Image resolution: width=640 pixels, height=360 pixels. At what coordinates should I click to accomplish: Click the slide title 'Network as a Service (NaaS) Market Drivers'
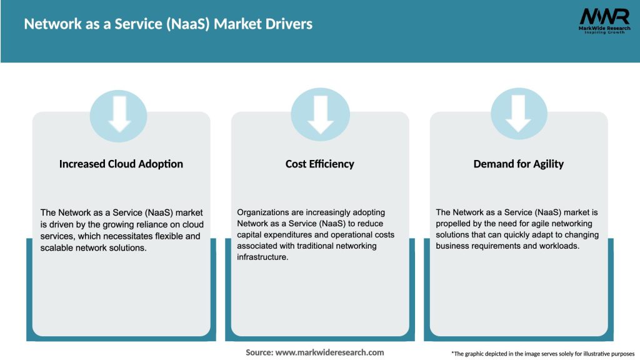click(x=168, y=24)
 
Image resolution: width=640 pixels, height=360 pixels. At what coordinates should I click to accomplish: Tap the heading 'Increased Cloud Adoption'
click(x=121, y=164)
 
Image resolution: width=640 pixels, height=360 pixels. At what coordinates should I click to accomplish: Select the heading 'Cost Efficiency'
click(x=319, y=164)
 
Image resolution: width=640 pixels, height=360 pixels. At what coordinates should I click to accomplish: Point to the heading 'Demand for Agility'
click(x=518, y=164)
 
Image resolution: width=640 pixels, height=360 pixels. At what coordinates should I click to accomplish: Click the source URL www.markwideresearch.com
click(x=330, y=352)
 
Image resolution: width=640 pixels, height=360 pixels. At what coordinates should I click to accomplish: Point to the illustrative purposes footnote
click(x=542, y=354)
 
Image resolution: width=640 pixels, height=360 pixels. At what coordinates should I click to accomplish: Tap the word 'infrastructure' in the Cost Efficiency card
click(x=262, y=257)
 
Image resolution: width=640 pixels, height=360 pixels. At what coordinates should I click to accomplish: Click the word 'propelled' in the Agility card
click(x=456, y=224)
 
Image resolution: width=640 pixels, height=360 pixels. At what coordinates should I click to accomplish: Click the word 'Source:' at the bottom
click(x=259, y=352)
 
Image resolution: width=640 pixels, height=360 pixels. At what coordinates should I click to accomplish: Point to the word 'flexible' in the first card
click(x=170, y=236)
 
